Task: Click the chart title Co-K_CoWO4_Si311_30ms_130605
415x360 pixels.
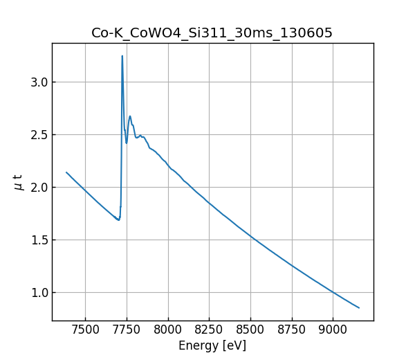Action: [212, 33]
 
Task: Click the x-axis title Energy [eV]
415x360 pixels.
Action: [212, 345]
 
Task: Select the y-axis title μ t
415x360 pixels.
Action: [19, 182]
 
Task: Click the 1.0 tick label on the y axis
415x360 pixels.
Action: [38, 293]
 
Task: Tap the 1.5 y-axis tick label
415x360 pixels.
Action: [38, 240]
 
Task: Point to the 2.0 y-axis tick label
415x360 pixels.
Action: [38, 188]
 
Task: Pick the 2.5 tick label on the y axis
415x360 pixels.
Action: [38, 135]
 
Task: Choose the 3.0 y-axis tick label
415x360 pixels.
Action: [38, 82]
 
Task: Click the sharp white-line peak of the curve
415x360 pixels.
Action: [122, 56]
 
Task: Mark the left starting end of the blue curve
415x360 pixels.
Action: [66, 172]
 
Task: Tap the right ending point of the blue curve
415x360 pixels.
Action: [359, 308]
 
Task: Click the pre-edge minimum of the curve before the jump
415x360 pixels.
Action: [119, 220]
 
